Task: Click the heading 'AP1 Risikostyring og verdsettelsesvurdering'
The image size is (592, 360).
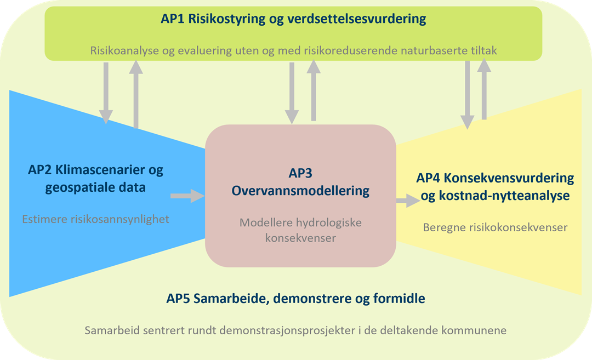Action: [293, 19]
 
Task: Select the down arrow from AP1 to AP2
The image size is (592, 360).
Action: [106, 93]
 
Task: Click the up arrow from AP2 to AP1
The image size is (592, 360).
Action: [136, 94]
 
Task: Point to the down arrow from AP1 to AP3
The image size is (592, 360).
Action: [292, 93]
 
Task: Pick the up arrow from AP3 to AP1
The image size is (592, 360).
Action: [314, 90]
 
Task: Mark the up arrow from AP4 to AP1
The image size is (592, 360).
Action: [484, 89]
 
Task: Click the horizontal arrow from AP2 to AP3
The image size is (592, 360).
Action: [187, 196]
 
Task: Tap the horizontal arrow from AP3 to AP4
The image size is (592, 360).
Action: [408, 201]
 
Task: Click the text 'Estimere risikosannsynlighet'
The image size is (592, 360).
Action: [95, 219]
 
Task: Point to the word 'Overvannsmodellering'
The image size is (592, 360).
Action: [300, 191]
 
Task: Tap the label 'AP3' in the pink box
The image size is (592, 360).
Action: [300, 173]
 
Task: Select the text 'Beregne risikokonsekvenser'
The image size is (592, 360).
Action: [495, 227]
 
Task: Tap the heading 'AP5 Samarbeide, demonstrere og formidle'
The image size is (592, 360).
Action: [295, 299]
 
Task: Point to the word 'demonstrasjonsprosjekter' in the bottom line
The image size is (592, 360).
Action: [287, 330]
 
